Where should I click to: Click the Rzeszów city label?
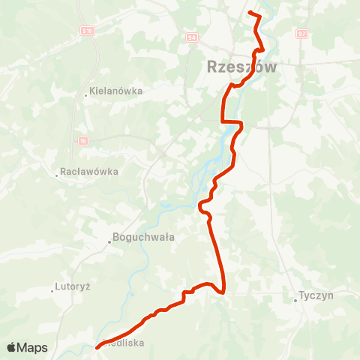tap(241, 67)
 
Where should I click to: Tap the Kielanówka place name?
tap(116, 91)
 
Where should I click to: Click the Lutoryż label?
tap(73, 286)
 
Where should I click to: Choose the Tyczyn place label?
tap(316, 295)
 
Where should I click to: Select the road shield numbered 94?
tap(191, 37)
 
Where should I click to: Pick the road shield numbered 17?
tap(301, 34)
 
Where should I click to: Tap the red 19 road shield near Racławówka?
tap(82, 140)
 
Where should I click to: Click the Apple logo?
tap(12, 347)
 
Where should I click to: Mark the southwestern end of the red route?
tap(97, 346)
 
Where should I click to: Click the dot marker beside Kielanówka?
tap(86, 94)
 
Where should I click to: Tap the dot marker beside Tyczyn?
tap(295, 301)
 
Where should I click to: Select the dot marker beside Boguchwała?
tap(109, 241)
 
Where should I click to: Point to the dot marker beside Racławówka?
tap(57, 175)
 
